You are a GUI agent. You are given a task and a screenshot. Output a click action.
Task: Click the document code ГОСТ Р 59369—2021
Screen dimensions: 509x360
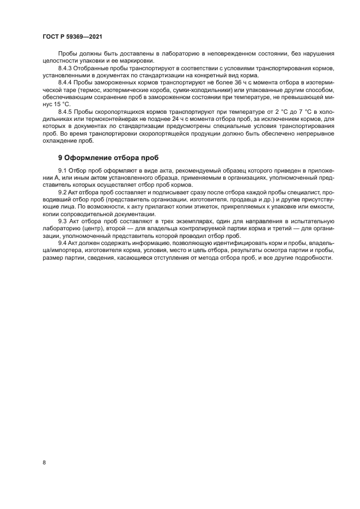pyautogui.click(x=72, y=36)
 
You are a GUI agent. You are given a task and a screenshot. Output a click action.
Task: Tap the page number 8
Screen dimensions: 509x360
pyautogui.click(x=44, y=462)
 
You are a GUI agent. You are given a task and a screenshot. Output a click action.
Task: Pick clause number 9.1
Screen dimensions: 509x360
pyautogui.click(x=62, y=171)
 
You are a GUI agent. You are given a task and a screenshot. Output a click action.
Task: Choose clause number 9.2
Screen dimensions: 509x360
pyautogui.click(x=62, y=192)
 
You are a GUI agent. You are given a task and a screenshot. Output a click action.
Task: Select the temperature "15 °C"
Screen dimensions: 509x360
pyautogui.click(x=62, y=103)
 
